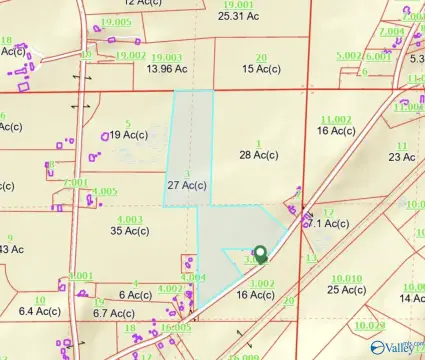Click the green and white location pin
[x=260, y=254]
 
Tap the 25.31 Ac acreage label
[x=238, y=16]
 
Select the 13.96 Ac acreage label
[x=166, y=68]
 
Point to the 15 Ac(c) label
[x=261, y=68]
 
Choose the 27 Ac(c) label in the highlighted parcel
[x=186, y=185]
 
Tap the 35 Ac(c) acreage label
[x=130, y=230]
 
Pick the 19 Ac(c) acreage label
[x=129, y=134]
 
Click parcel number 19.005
[x=117, y=22]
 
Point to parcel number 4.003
[x=130, y=219]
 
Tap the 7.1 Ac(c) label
[x=327, y=224]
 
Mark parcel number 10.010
[x=346, y=278]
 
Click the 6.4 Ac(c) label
[x=41, y=311]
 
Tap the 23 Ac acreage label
[x=402, y=157]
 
